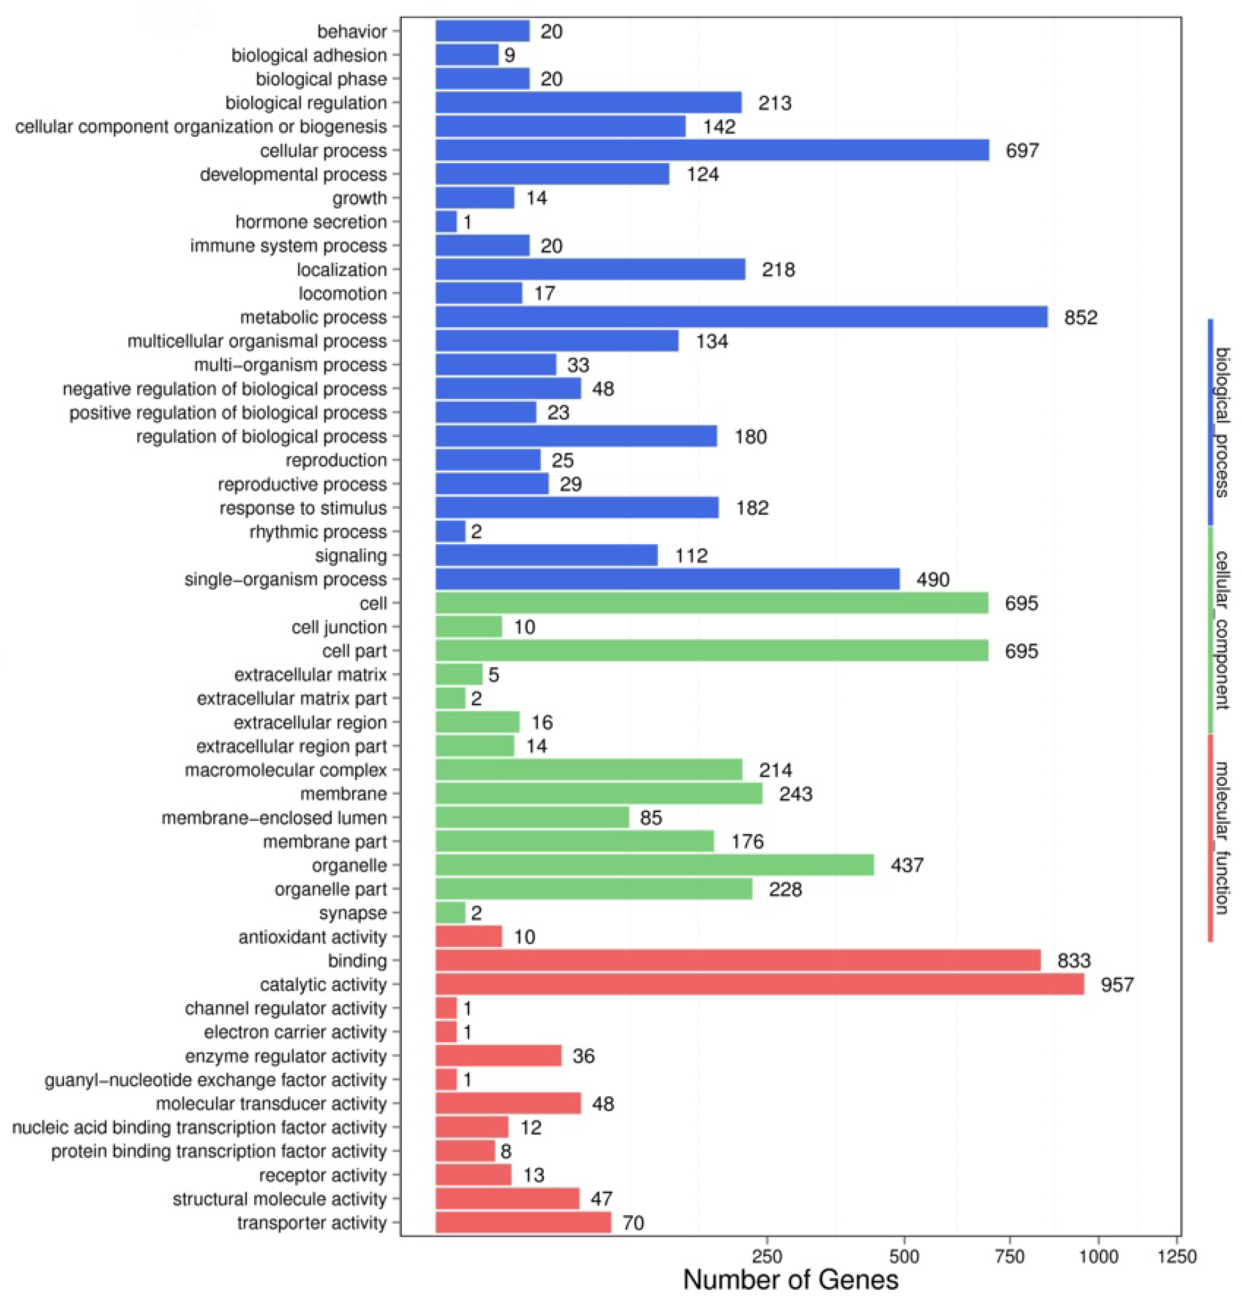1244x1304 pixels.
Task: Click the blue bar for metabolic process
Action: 741,317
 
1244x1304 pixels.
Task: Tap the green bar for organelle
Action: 655,865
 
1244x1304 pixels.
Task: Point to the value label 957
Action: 1117,985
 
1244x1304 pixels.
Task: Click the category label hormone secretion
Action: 311,222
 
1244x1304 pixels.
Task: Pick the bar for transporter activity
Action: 523,1222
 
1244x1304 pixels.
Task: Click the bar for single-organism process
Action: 667,579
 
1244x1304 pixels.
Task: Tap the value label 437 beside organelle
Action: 907,865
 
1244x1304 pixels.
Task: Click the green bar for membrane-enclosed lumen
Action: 532,817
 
